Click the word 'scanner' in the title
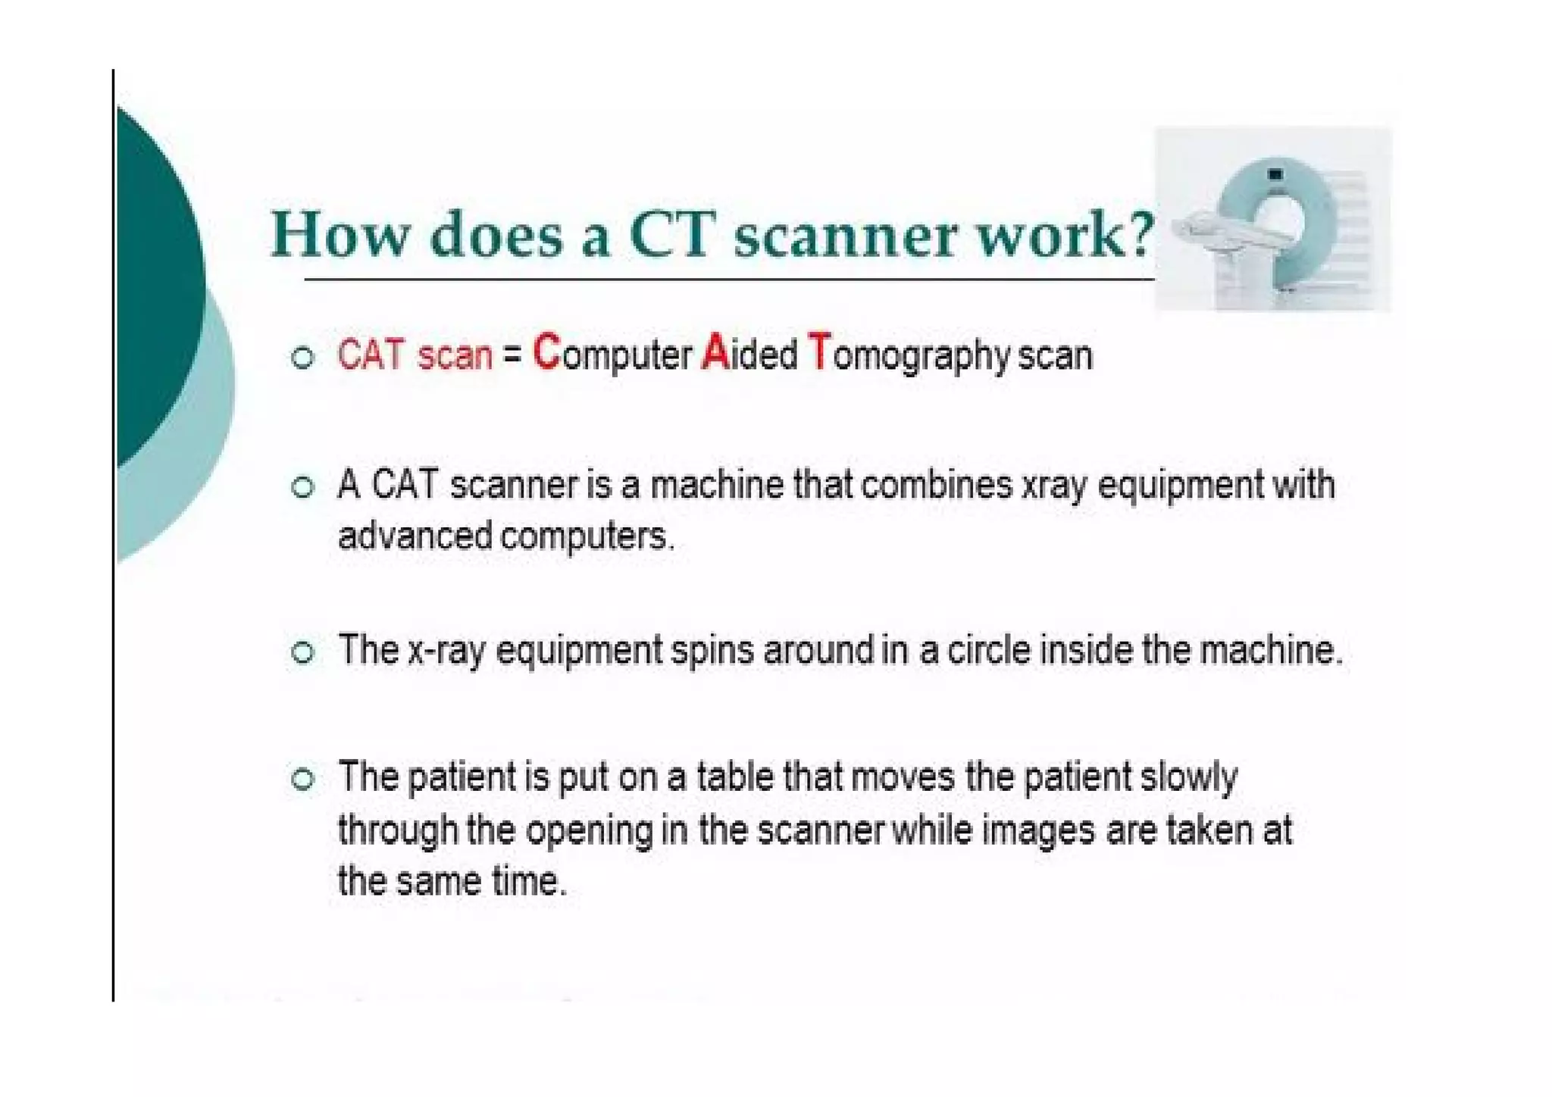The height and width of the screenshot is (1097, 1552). point(845,235)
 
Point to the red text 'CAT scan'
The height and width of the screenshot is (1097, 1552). point(415,355)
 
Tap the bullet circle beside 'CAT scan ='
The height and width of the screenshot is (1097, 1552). point(302,358)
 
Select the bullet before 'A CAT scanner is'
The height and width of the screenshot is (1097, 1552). point(302,487)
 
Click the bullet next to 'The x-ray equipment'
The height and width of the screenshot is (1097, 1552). point(302,652)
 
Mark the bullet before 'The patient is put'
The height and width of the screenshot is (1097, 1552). point(302,779)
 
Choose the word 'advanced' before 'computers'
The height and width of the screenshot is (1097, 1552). point(415,536)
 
